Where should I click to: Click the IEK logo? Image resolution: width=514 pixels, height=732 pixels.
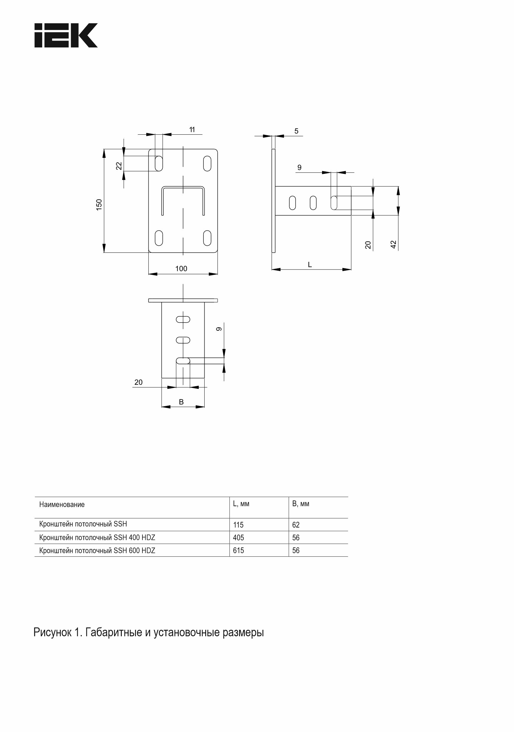click(66, 35)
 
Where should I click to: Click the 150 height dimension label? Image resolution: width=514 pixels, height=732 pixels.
click(99, 204)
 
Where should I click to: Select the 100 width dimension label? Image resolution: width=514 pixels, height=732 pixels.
click(181, 269)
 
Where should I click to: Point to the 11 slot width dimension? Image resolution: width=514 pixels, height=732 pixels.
click(192, 130)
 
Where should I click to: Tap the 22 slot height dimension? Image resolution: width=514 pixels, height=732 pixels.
click(119, 166)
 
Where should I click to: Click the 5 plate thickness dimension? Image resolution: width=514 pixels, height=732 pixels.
click(296, 131)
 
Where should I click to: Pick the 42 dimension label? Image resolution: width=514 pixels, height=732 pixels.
click(393, 244)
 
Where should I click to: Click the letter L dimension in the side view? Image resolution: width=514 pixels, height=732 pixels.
click(310, 265)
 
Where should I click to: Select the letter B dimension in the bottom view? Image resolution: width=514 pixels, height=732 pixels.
click(181, 402)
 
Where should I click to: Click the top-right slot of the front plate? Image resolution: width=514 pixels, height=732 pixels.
click(207, 163)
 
